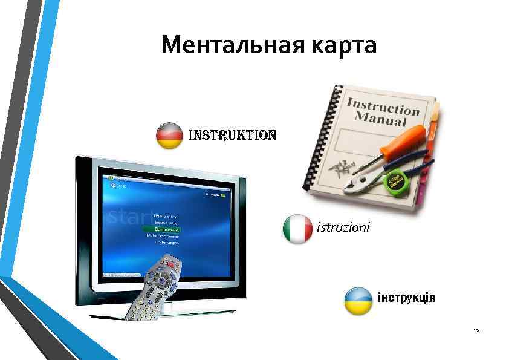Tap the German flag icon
coord(170,136)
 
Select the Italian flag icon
coord(297,229)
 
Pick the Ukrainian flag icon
coord(358,301)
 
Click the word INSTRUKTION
coord(233,134)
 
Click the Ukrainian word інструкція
coord(406,298)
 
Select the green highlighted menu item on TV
coord(161,230)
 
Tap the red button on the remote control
coord(173,264)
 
